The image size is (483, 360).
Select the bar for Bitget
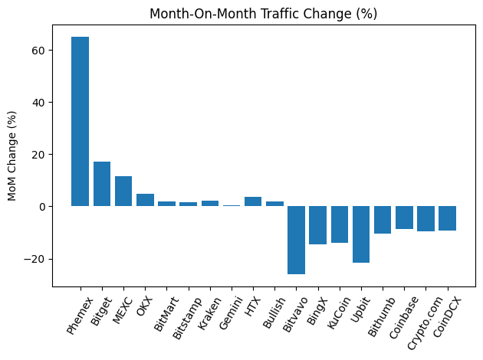102,184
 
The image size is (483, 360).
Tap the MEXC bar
123,191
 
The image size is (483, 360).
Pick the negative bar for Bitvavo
296,240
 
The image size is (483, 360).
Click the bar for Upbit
361,234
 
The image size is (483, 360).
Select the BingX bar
317,225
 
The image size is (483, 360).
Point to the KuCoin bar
340,224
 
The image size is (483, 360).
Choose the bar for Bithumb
383,220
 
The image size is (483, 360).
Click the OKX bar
145,200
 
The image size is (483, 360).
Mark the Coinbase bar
404,218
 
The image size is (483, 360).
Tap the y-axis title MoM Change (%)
12,156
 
